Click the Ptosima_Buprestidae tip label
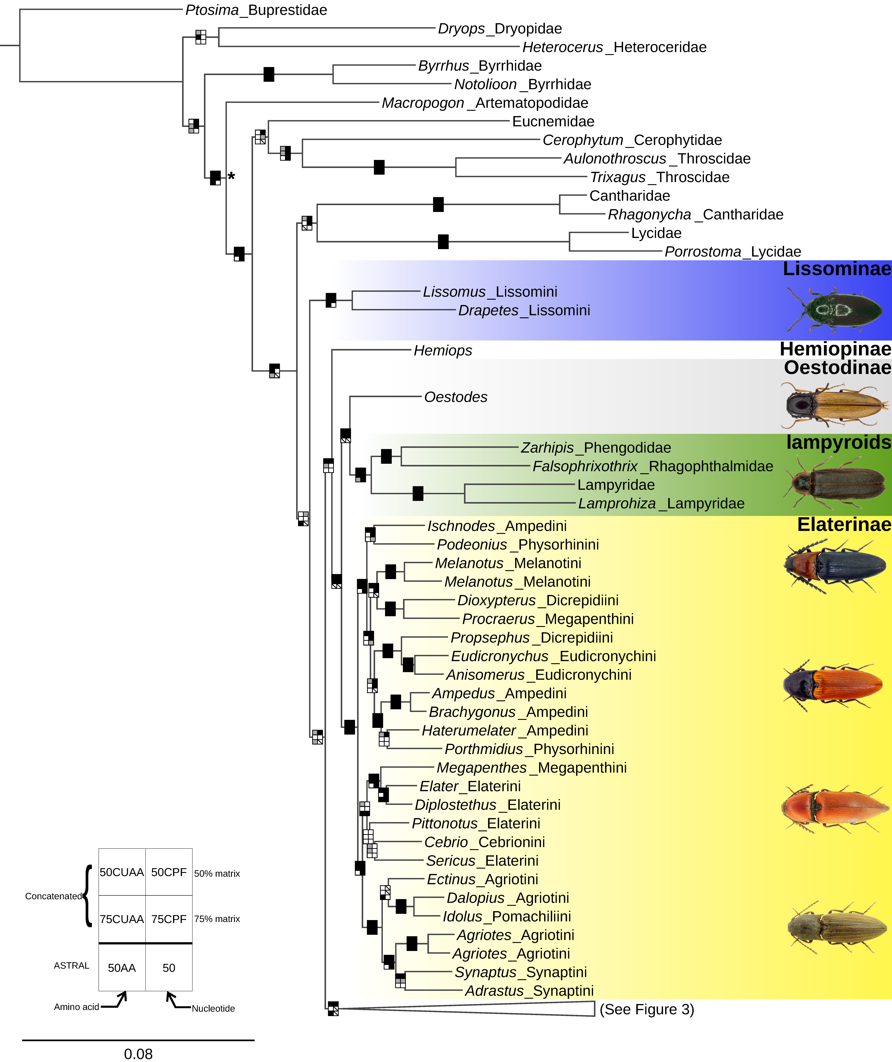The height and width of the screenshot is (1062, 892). click(256, 10)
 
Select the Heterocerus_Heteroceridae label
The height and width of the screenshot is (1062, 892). click(614, 47)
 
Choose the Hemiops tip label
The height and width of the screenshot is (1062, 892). click(443, 350)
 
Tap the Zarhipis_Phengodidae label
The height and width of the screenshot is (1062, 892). click(596, 448)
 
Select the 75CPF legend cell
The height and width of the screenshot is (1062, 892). click(169, 919)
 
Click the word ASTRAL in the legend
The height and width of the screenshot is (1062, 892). click(71, 965)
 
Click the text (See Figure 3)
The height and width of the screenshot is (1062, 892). click(647, 1009)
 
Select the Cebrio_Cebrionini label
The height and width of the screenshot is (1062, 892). click(484, 842)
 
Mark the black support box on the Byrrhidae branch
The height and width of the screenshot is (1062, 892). click(269, 74)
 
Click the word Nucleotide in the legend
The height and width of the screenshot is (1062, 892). click(213, 1008)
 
